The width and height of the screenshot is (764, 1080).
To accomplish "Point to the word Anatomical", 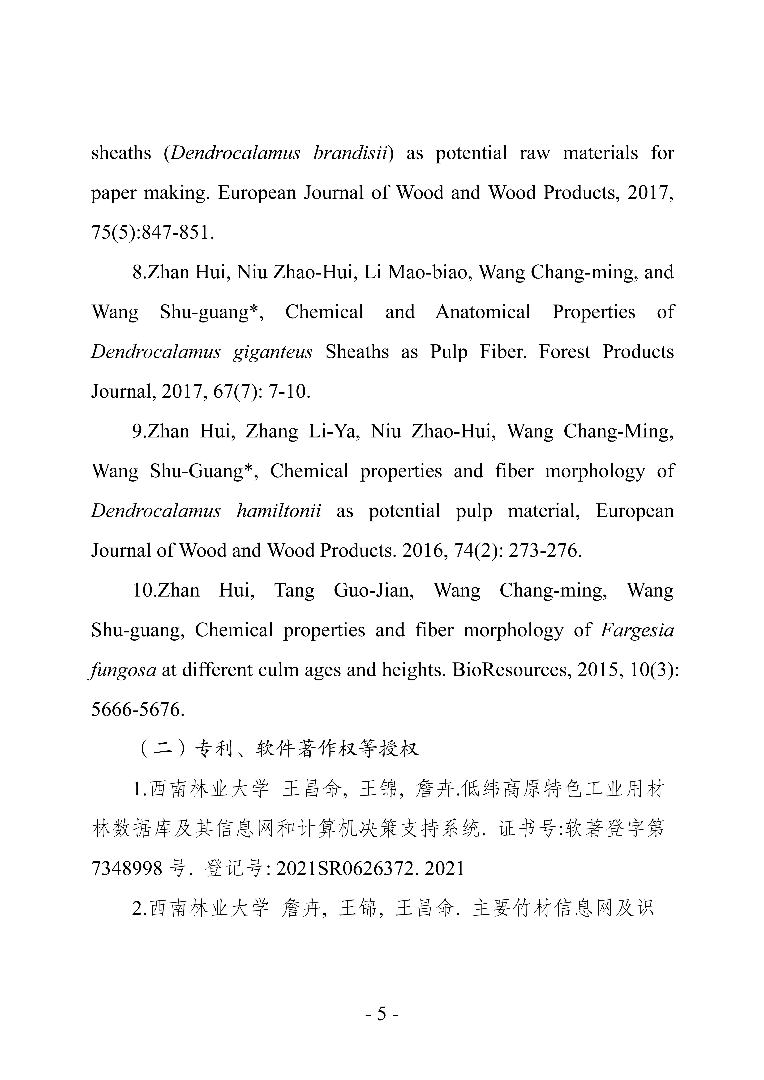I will tap(483, 312).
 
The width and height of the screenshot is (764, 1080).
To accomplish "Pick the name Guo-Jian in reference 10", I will tap(374, 590).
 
